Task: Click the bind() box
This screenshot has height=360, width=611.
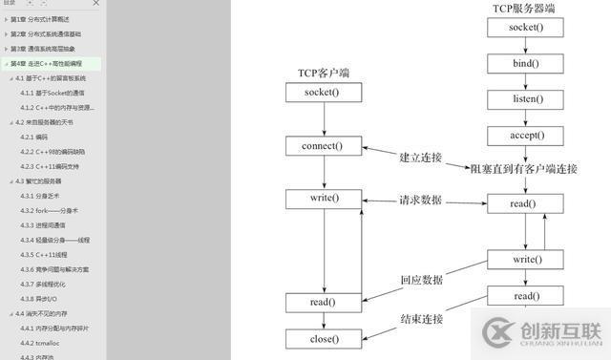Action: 525,63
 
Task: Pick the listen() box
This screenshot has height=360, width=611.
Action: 525,98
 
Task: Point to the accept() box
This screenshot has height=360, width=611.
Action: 525,135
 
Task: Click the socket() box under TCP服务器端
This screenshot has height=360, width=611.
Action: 525,27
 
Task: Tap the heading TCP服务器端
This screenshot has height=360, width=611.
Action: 524,8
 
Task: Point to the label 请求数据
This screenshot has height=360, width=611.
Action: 420,201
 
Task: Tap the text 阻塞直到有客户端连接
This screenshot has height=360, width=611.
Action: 524,169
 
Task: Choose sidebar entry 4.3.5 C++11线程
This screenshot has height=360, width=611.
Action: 46,255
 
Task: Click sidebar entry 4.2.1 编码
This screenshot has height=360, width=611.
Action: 34,137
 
